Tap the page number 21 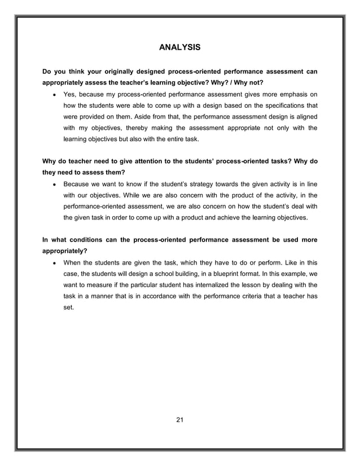[x=179, y=419]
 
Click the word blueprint [x=222, y=274]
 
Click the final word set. [x=68, y=308]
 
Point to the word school [x=160, y=274]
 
